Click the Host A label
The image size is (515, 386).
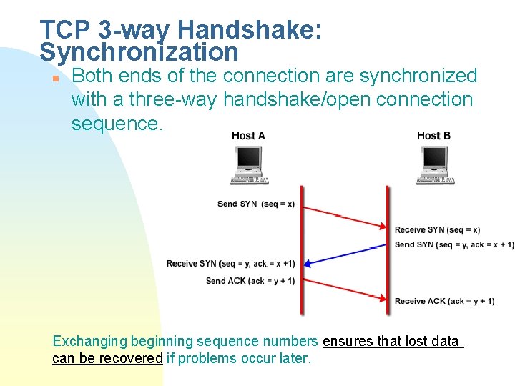248,136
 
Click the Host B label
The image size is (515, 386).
433,136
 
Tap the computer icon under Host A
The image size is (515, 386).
249,165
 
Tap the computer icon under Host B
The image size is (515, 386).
434,165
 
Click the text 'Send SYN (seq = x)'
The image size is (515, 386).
255,204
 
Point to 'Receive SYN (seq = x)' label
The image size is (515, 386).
437,230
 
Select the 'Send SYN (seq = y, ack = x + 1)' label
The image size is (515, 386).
453,244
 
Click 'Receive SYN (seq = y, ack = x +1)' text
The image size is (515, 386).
230,264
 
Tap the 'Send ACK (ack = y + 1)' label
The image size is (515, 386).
250,281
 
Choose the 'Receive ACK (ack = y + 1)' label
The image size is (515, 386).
444,301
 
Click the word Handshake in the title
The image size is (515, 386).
250,30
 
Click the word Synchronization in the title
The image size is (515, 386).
139,52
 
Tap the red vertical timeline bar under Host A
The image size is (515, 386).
302,250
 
